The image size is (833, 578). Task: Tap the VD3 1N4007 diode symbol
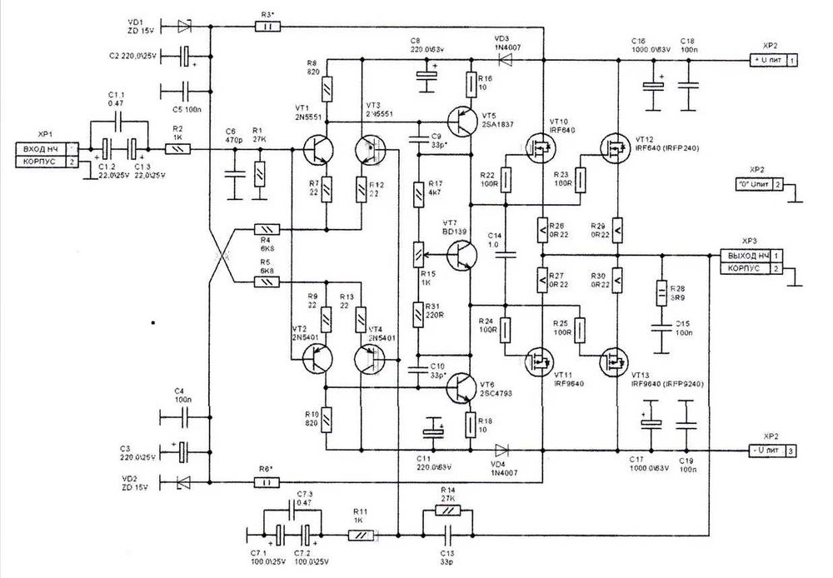pyautogui.click(x=505, y=60)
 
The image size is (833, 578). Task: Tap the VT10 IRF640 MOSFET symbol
pyautogui.click(x=537, y=149)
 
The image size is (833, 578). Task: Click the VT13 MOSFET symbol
pyautogui.click(x=615, y=360)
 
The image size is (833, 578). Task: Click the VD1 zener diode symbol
pyautogui.click(x=185, y=27)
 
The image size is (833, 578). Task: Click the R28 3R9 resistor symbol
pyautogui.click(x=663, y=291)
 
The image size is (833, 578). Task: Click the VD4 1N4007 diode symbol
pyautogui.click(x=504, y=450)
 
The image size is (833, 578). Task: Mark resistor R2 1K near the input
pyautogui.click(x=177, y=150)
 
